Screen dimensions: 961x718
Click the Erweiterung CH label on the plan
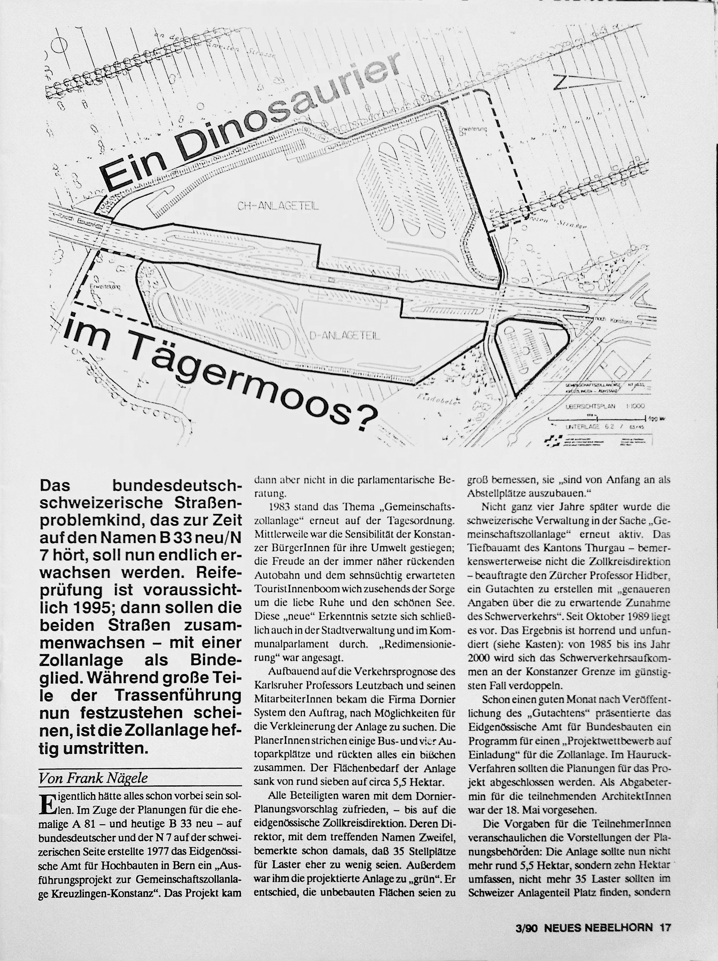click(x=473, y=131)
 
